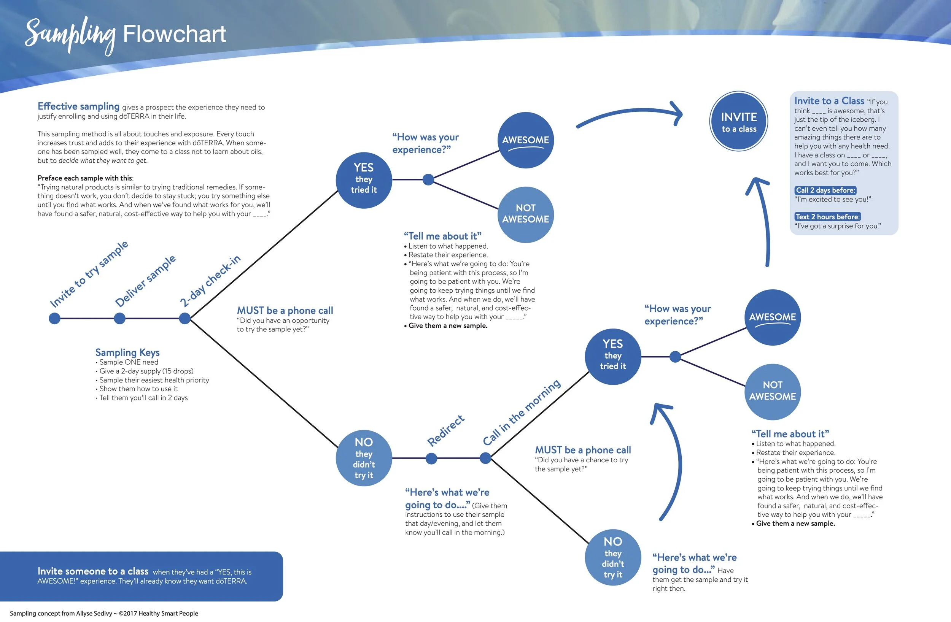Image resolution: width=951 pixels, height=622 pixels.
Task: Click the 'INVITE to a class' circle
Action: click(738, 121)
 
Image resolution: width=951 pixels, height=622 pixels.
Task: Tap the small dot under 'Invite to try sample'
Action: click(54, 318)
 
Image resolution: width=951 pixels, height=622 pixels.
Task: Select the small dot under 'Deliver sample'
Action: click(119, 318)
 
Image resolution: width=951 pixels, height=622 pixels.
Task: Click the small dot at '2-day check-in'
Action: click(184, 318)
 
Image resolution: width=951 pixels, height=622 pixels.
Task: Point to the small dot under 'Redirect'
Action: click(431, 458)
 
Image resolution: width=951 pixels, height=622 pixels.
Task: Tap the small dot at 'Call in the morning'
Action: click(485, 458)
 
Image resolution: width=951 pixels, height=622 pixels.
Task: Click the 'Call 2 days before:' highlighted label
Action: click(825, 190)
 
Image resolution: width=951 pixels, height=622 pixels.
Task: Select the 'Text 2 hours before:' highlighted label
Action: click(827, 217)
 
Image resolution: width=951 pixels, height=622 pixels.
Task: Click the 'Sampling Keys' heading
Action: click(127, 352)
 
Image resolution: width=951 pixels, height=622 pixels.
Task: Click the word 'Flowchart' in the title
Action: click(174, 34)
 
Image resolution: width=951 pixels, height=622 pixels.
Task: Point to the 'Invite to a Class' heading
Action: click(829, 101)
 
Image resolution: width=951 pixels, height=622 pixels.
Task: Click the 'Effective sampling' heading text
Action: click(78, 106)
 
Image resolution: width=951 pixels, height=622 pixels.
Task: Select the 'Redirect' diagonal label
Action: click(445, 431)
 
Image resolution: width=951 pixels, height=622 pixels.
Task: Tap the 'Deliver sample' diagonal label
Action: click(145, 281)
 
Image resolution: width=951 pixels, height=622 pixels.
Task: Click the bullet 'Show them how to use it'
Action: click(138, 389)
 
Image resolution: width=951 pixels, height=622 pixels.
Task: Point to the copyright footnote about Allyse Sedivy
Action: click(104, 613)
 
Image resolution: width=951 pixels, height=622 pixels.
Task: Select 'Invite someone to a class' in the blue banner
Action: click(93, 571)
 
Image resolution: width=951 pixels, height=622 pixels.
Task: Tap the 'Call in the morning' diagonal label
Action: click(522, 412)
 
